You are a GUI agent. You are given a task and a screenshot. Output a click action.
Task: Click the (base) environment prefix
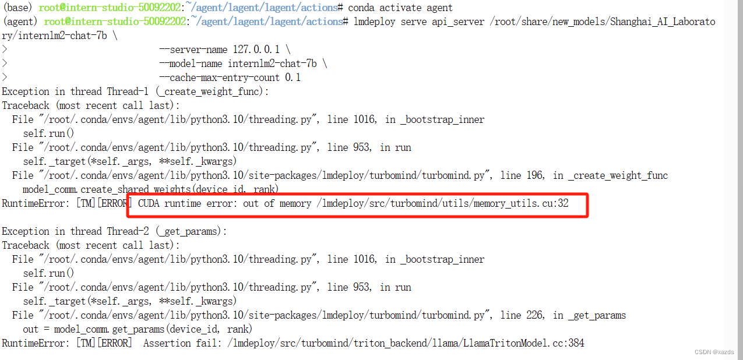pyautogui.click(x=19, y=8)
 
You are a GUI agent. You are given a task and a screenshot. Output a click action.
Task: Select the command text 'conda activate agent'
pyautogui.click(x=400, y=8)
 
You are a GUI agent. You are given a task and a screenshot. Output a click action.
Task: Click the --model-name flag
pyautogui.click(x=190, y=63)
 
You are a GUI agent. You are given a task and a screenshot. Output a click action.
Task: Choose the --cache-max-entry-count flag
pyautogui.click(x=219, y=77)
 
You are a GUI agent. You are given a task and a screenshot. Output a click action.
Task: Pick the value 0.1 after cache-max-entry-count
pyautogui.click(x=293, y=77)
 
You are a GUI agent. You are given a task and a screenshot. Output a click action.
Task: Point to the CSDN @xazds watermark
pyautogui.click(x=714, y=352)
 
